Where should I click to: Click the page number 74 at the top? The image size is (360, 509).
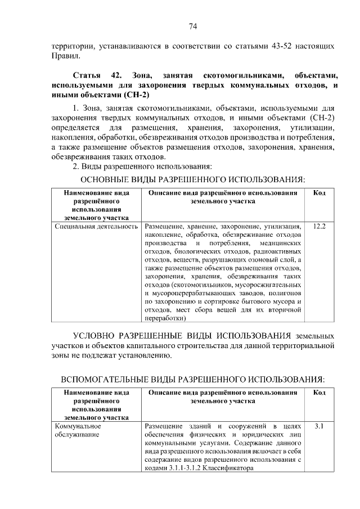pyautogui.click(x=192, y=26)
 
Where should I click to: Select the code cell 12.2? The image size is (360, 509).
pyautogui.click(x=319, y=226)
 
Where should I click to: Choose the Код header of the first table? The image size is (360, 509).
pyautogui.click(x=319, y=193)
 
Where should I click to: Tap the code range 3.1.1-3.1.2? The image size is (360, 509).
pyautogui.click(x=188, y=469)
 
